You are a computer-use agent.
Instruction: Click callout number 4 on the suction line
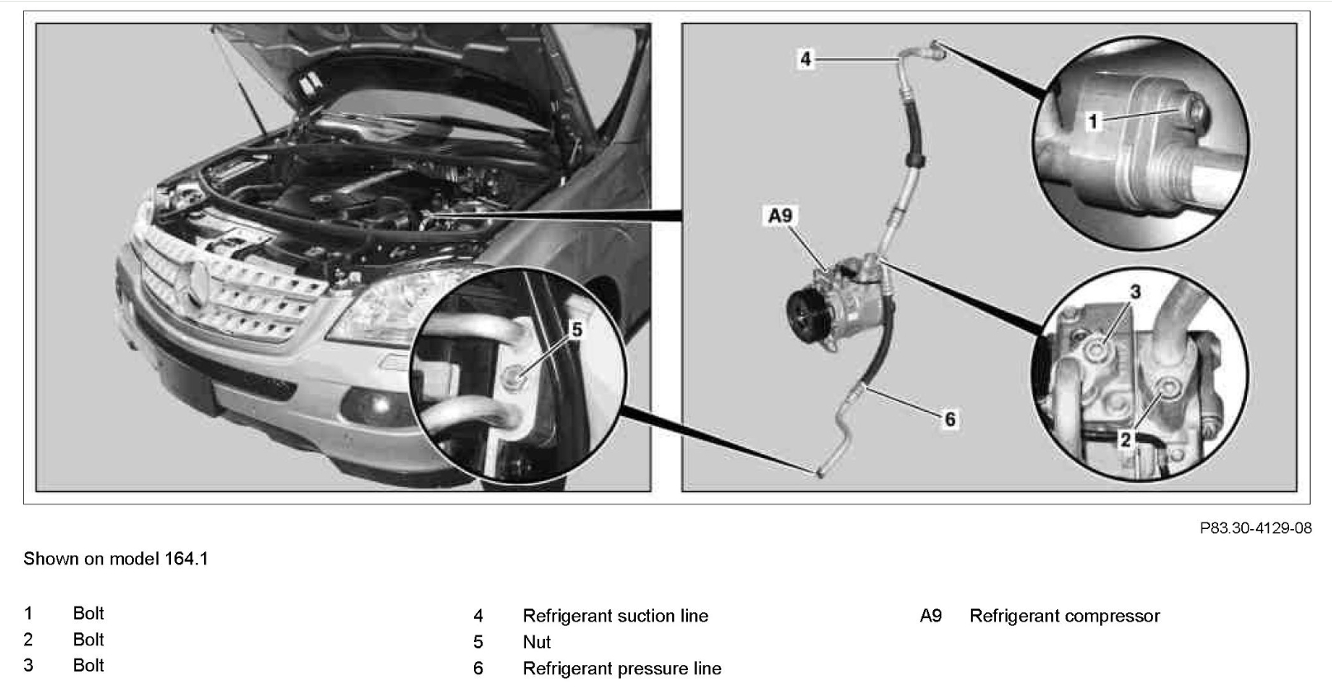805,59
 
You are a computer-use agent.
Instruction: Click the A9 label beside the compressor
780,216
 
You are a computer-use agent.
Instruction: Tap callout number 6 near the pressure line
950,420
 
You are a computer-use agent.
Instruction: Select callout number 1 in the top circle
1093,122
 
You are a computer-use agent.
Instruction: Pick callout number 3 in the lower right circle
1135,292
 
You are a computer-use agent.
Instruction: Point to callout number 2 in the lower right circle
1125,440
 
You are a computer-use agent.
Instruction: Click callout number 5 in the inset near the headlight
576,330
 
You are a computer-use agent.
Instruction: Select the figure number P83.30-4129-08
1255,528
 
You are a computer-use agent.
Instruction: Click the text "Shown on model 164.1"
116,559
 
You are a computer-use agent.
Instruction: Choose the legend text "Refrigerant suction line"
615,616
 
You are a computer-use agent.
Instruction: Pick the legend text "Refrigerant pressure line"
622,669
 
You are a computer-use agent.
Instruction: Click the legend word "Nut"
537,642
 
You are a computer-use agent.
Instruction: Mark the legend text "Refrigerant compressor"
1064,616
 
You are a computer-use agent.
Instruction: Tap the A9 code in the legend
931,616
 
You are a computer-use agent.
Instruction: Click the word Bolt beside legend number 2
88,640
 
